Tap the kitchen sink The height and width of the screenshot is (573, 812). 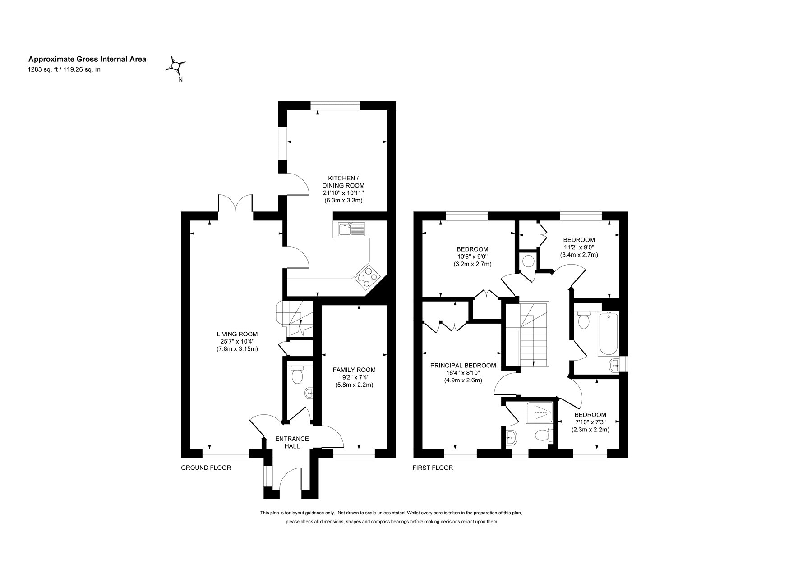pyautogui.click(x=351, y=230)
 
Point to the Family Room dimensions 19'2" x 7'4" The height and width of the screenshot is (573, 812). pyautogui.click(x=354, y=377)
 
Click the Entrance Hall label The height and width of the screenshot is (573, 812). pyautogui.click(x=292, y=442)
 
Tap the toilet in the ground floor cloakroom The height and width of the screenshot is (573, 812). pyautogui.click(x=297, y=375)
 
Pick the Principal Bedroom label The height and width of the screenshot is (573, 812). pyautogui.click(x=463, y=365)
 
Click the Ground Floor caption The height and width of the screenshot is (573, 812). pyautogui.click(x=206, y=468)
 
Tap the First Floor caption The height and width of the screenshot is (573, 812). pyautogui.click(x=433, y=468)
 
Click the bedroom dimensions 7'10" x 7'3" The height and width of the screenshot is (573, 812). pyautogui.click(x=590, y=422)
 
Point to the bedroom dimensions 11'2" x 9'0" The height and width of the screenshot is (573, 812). pyautogui.click(x=579, y=247)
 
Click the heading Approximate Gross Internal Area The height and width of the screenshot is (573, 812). pyautogui.click(x=87, y=59)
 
